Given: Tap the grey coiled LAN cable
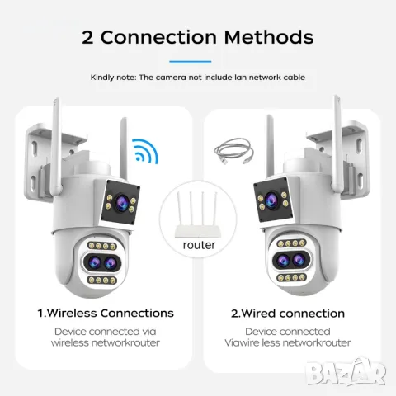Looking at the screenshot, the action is tap(233, 152).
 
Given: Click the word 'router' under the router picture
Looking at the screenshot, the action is tap(199, 245).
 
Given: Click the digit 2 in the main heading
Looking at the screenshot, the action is tap(87, 37).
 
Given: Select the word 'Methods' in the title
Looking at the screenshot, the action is tap(269, 36).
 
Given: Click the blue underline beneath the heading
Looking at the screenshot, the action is tap(191, 62).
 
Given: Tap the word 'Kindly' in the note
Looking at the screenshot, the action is tap(102, 78).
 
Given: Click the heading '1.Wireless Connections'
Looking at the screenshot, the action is tap(106, 313).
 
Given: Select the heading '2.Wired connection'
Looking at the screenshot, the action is tap(288, 313).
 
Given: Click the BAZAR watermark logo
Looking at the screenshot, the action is tap(346, 372).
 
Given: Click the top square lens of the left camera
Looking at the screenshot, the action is tap(121, 202).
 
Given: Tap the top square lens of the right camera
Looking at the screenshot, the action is tap(272, 200).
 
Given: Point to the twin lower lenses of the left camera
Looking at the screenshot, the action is tap(102, 262).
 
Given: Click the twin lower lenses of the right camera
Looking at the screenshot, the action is tap(291, 260).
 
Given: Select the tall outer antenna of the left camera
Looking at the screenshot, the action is tap(56, 147).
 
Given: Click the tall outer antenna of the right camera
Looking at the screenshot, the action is tap(337, 144).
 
